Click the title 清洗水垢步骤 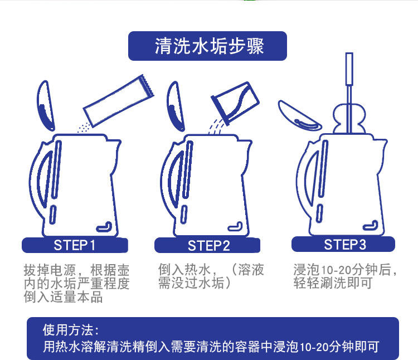coord(209,46)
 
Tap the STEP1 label coord(74,245)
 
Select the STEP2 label coord(208,246)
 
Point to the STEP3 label coord(344,244)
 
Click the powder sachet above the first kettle coord(119,101)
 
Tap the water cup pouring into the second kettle coord(235,103)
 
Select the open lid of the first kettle coord(46,106)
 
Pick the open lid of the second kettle coord(176,106)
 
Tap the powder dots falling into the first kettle coord(84,128)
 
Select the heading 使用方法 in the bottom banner coord(71,330)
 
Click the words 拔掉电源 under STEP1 coord(49,270)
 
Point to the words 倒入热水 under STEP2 coord(184,269)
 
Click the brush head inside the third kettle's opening coord(349,119)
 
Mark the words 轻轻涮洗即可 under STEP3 coord(333,283)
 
